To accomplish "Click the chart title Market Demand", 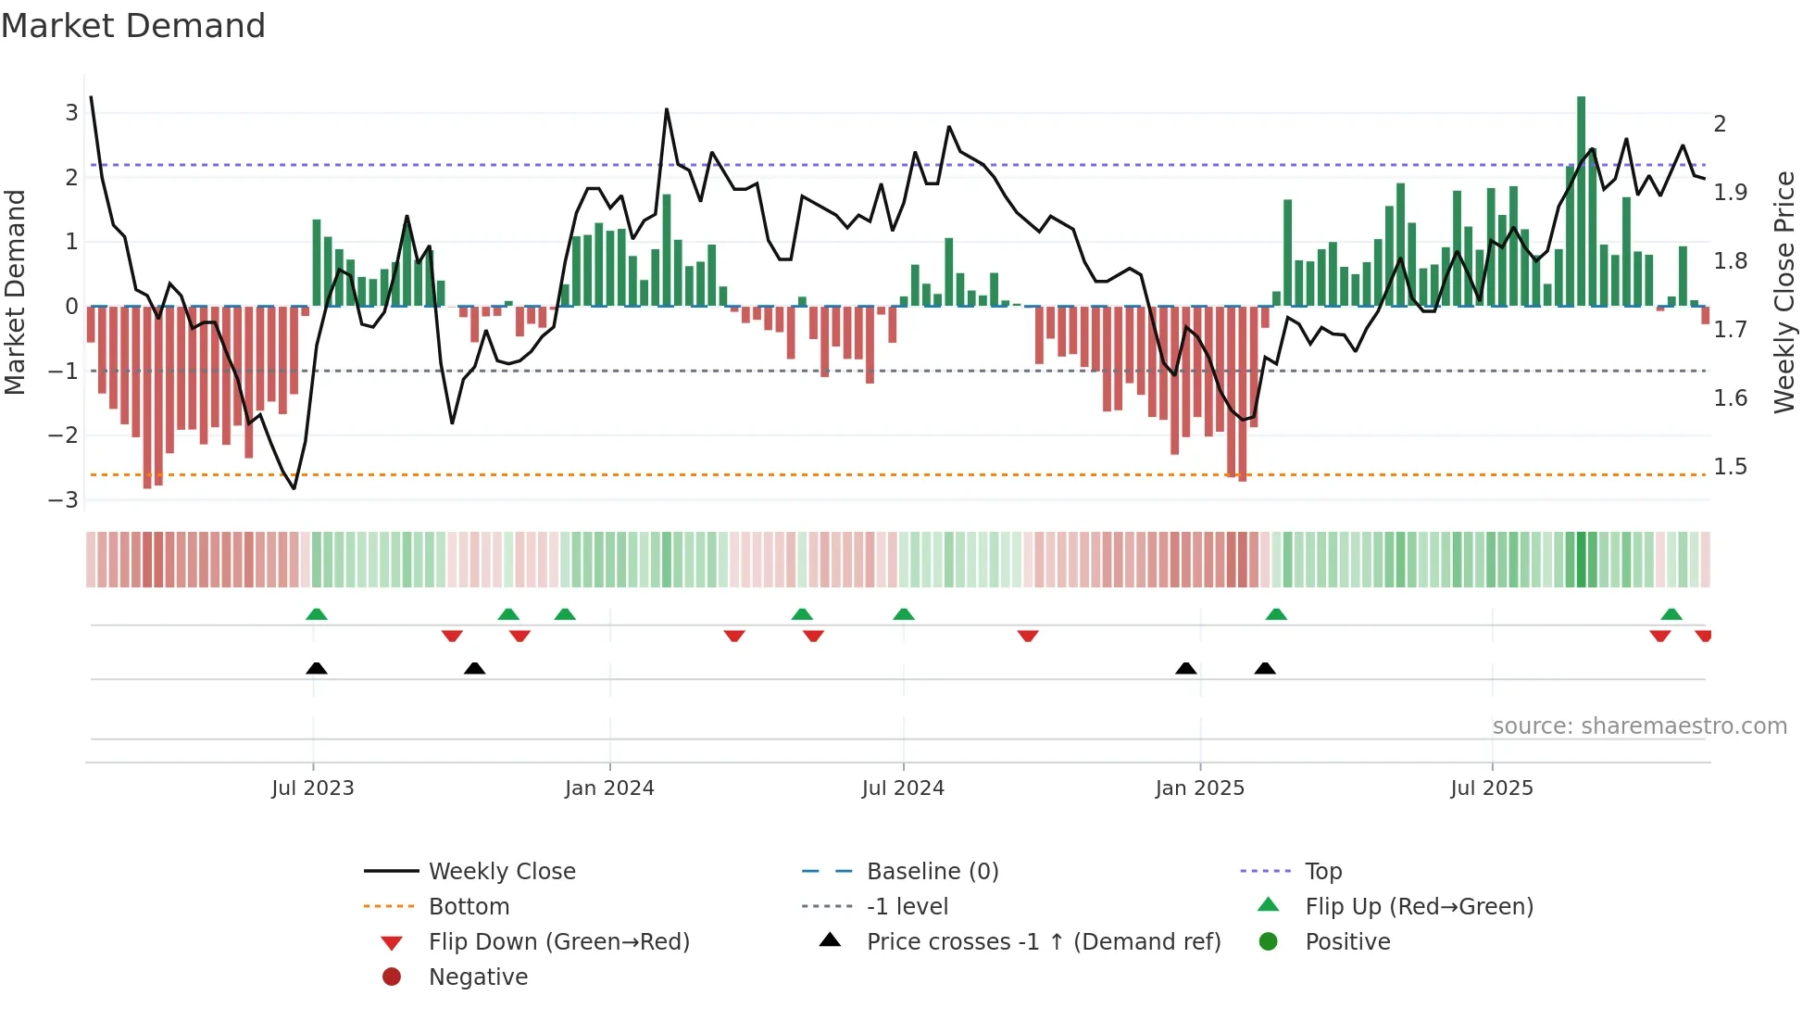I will point(133,26).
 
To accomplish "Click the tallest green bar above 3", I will point(1581,199).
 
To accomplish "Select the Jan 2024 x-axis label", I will point(609,788).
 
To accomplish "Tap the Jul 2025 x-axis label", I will point(1491,788).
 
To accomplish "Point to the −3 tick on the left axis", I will point(64,500).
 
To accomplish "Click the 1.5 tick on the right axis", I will point(1730,467).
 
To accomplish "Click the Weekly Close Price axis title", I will point(1784,292).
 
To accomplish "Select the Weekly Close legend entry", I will point(501,872).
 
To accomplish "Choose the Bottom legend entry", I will point(469,907).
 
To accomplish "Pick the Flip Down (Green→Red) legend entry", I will point(558,942).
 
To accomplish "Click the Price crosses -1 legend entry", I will point(1043,942).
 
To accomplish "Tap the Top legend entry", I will point(1322,872).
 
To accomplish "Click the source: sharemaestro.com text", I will point(1639,726).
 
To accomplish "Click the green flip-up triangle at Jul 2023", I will point(317,614).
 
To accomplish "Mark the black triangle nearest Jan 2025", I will point(1185,668).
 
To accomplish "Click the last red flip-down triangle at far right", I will point(1703,636).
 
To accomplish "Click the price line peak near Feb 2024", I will point(667,110).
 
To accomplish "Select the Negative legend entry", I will point(478,977).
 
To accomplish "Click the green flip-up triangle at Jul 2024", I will point(904,614).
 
